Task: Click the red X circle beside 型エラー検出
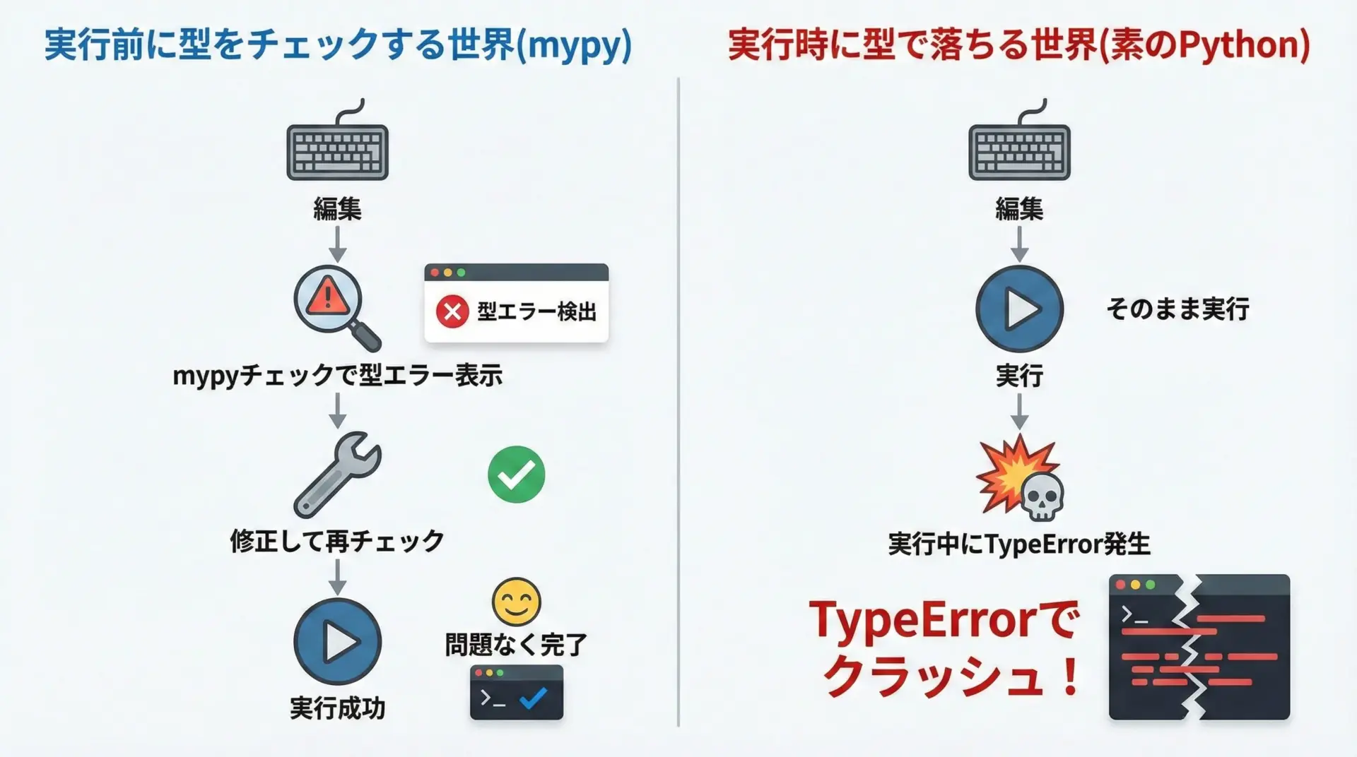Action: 452,311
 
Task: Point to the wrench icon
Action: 336,475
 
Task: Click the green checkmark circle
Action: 516,475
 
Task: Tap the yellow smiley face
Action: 516,602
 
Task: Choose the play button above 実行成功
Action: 338,641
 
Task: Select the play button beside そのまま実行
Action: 1019,309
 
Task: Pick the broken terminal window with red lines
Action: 1199,647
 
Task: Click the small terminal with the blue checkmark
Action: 517,692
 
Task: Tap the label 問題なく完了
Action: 516,645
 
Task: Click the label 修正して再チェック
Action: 337,542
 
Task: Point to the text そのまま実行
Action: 1177,309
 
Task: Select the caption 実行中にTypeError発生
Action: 1019,544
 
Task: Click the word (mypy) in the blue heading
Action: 574,46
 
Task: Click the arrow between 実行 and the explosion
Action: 1019,412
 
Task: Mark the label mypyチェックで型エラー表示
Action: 338,376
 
